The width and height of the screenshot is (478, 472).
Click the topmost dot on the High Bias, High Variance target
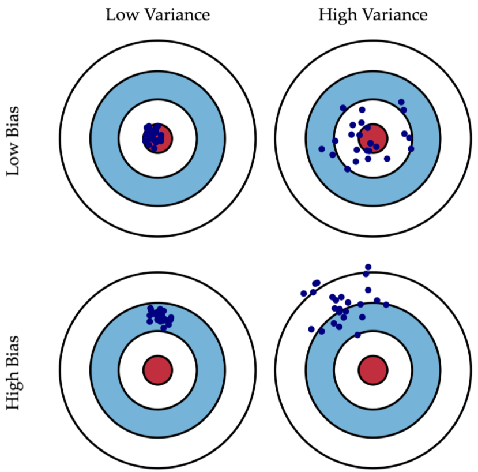coord(368,267)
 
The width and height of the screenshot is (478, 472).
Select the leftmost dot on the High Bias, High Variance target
coord(304,293)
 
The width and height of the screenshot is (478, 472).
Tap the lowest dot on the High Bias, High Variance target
coord(357,335)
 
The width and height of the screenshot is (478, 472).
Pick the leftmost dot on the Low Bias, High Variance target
coord(322,149)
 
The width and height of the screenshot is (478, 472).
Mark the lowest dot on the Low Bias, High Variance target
coord(347,169)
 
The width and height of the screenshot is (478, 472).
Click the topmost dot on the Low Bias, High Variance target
coord(401,102)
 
